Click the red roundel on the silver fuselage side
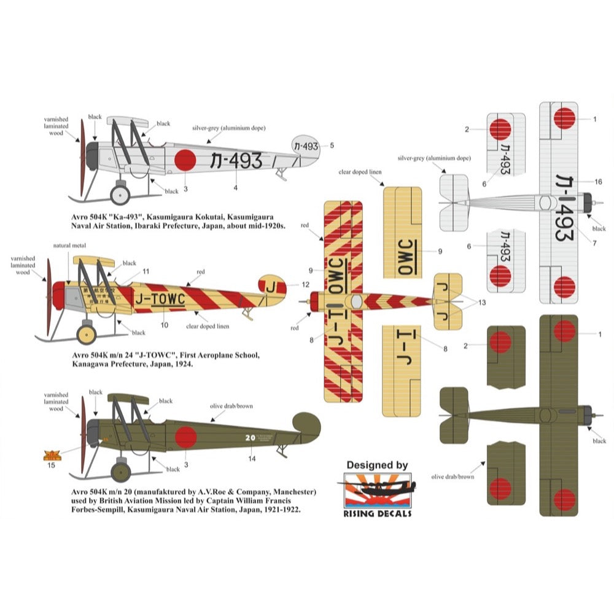click(x=185, y=161)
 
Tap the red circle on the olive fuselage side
click(x=185, y=438)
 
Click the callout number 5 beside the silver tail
click(x=332, y=146)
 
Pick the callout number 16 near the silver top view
click(x=597, y=182)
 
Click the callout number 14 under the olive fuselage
click(x=252, y=458)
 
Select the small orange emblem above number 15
click(x=50, y=455)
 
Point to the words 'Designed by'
click(x=376, y=465)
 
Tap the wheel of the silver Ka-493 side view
click(x=120, y=195)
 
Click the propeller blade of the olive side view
click(x=83, y=436)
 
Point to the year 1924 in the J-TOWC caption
click(x=182, y=364)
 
